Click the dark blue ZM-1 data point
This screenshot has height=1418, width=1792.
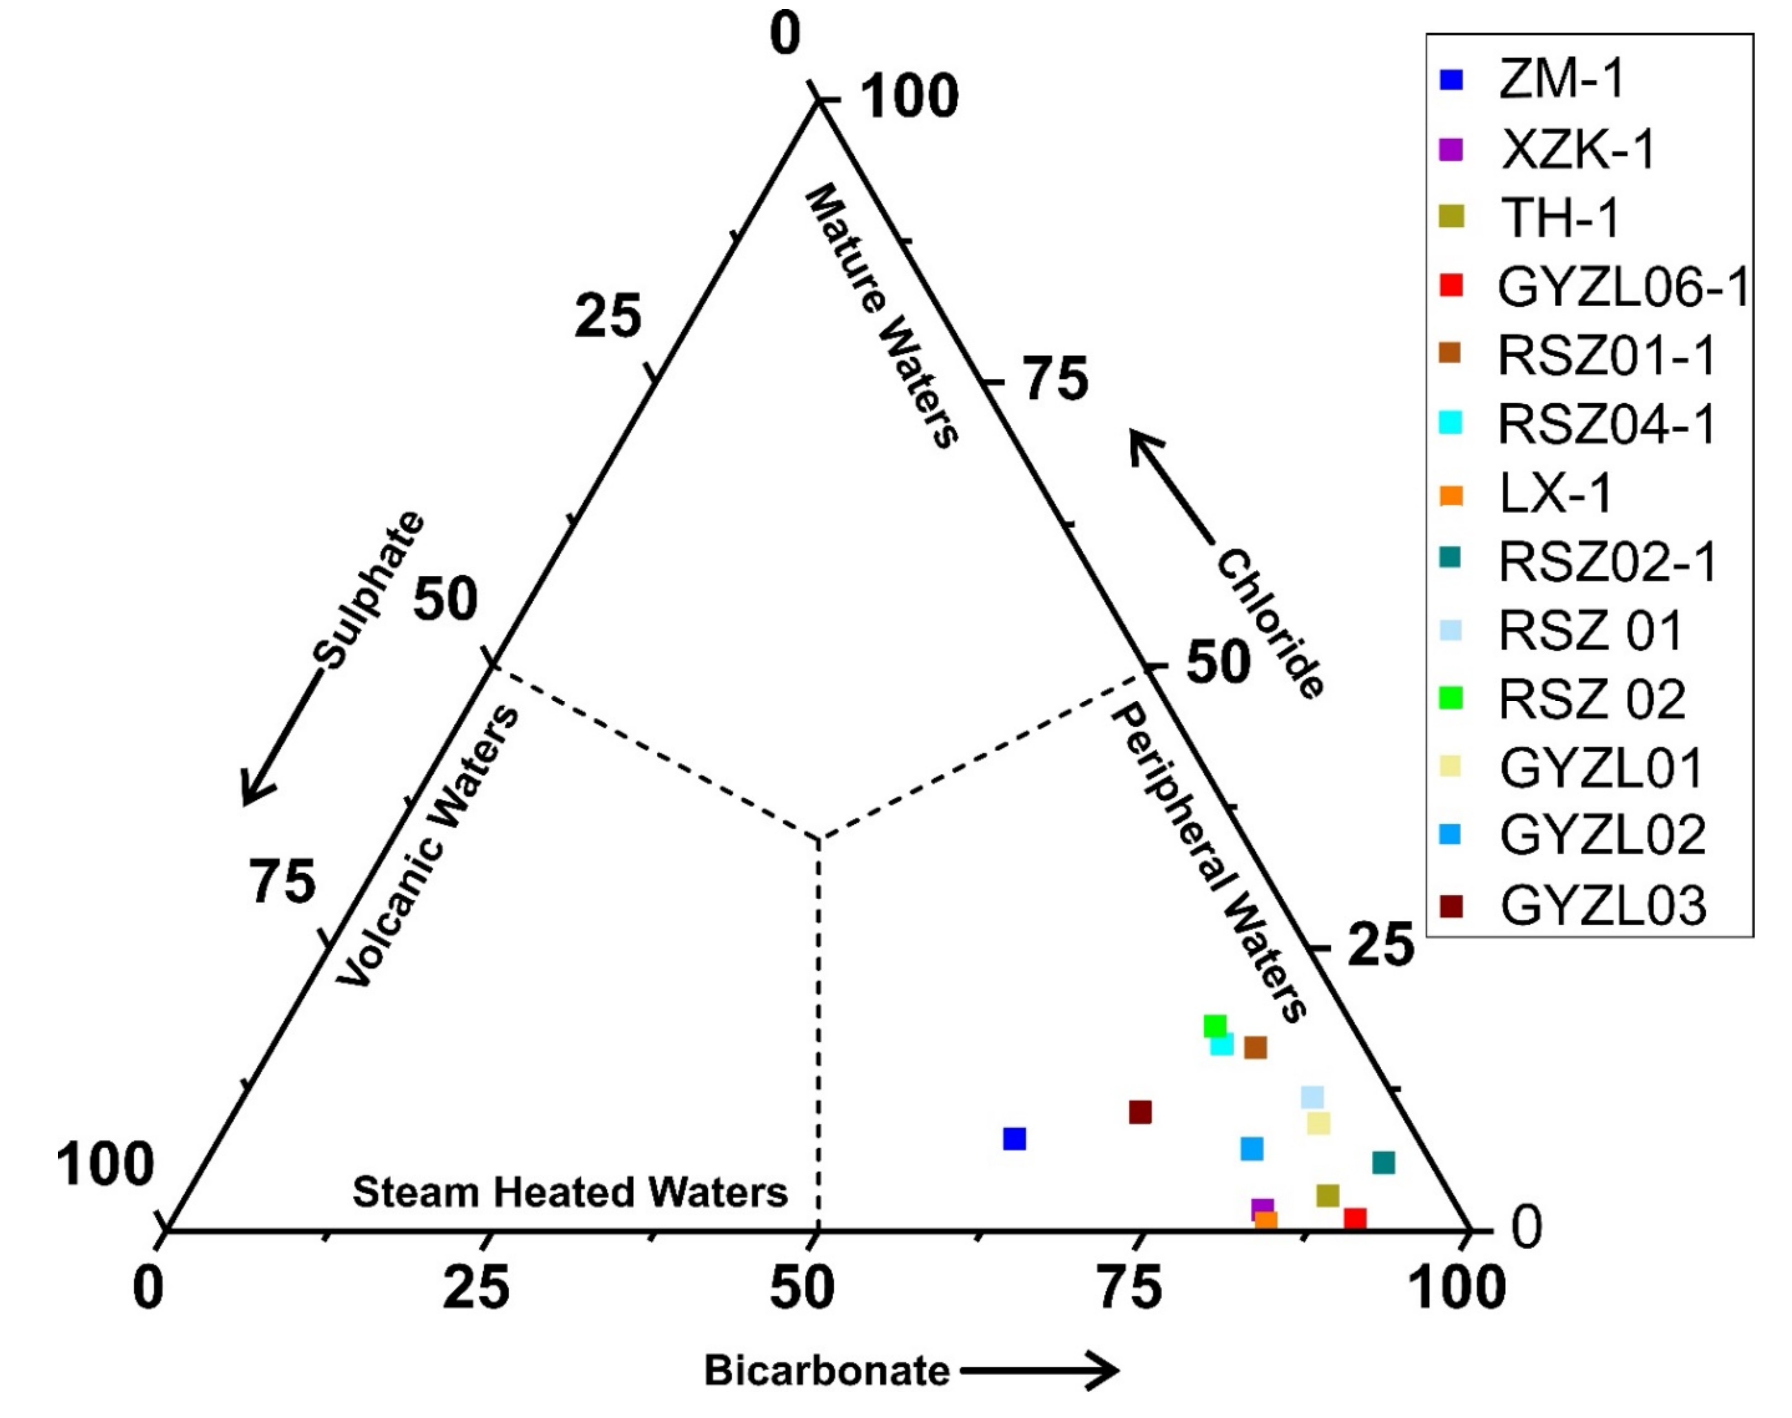coord(1014,1139)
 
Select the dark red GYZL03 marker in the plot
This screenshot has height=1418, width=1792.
coord(1140,1112)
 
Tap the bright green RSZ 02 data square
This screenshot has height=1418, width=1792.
coord(1215,1026)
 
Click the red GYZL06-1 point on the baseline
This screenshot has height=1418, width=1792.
coord(1354,1218)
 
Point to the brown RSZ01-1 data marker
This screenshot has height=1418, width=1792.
coord(1255,1048)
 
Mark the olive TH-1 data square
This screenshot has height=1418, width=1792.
coord(1328,1195)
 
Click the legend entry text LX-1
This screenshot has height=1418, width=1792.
coord(1555,494)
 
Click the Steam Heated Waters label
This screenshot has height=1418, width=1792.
coord(569,1192)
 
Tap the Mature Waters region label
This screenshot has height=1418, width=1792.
coord(882,315)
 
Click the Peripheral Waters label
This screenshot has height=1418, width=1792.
coord(1208,863)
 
